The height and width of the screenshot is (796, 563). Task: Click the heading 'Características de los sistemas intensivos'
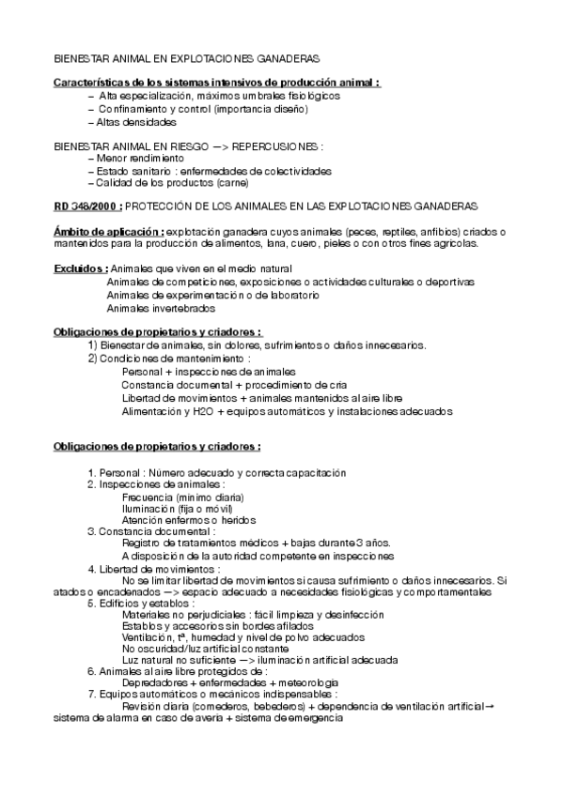click(216, 83)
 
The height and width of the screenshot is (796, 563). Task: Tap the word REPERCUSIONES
click(277, 146)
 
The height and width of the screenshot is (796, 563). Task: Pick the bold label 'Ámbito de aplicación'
click(108, 231)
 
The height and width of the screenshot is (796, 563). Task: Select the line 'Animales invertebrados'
click(160, 308)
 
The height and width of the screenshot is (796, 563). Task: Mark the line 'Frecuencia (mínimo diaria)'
click(182, 497)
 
